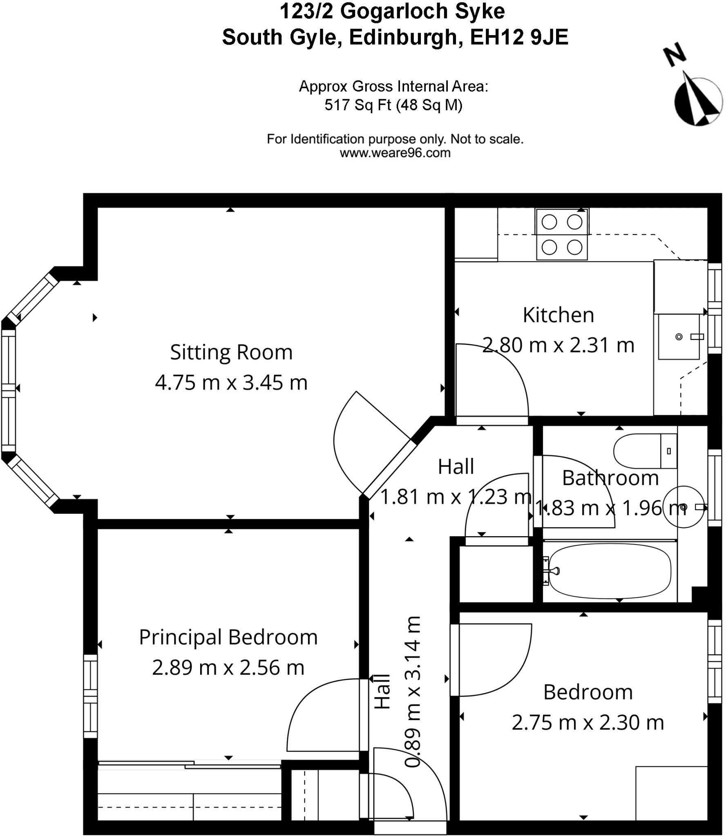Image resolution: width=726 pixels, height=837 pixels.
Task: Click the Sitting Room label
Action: click(231, 352)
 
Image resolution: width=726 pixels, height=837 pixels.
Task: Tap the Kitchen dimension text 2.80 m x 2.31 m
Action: click(558, 345)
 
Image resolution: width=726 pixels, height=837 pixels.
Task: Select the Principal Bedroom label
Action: click(228, 637)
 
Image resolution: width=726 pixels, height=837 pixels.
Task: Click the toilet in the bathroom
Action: click(645, 451)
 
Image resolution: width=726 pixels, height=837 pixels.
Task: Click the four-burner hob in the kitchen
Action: click(562, 234)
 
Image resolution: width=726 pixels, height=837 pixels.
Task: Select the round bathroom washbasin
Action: click(684, 507)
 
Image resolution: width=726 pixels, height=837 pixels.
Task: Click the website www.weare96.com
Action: click(395, 153)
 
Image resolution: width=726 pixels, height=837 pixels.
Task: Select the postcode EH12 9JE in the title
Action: click(519, 38)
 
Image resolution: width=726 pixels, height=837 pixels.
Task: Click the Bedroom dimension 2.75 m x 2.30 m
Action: click(588, 723)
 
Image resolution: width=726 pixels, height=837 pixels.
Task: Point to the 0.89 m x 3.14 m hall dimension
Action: click(413, 692)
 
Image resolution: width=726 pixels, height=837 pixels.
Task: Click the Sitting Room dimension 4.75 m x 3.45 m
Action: click(231, 383)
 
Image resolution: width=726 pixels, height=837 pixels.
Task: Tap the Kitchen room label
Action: click(558, 315)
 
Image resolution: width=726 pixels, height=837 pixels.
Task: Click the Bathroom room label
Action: click(610, 478)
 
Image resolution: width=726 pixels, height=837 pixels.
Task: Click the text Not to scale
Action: click(487, 139)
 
